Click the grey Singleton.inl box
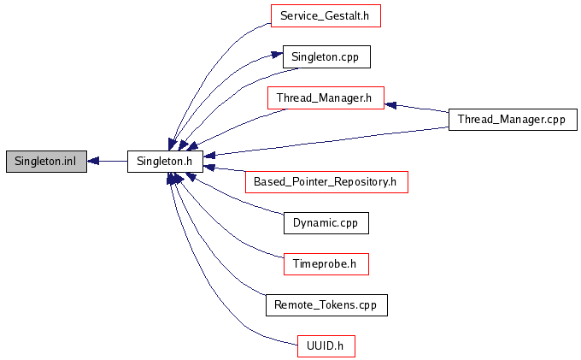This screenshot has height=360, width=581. (46, 161)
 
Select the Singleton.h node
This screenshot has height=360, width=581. (165, 161)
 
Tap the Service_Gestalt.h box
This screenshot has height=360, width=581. (325, 15)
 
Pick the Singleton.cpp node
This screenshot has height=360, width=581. (326, 56)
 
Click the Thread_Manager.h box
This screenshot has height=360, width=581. (324, 97)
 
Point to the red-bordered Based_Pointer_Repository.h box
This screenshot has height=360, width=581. (326, 181)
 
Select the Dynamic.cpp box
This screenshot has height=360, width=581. (326, 222)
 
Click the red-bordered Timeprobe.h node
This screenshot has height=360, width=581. (326, 263)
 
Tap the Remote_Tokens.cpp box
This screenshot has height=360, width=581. (326, 304)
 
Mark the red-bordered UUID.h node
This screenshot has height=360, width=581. (326, 345)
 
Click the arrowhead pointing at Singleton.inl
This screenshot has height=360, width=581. (94, 161)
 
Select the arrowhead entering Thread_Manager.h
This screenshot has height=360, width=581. (390, 104)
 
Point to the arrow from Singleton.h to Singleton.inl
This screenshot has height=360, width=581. (111, 161)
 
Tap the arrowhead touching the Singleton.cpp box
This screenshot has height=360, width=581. (277, 56)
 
